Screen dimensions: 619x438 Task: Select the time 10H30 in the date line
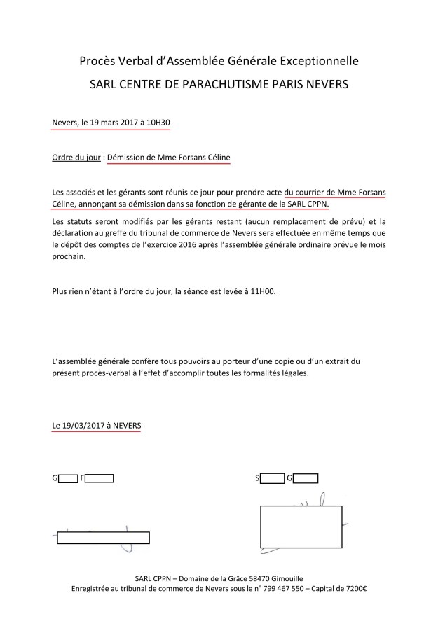158,123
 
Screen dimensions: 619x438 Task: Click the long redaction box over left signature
102,538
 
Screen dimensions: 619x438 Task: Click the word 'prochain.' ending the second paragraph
70,256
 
